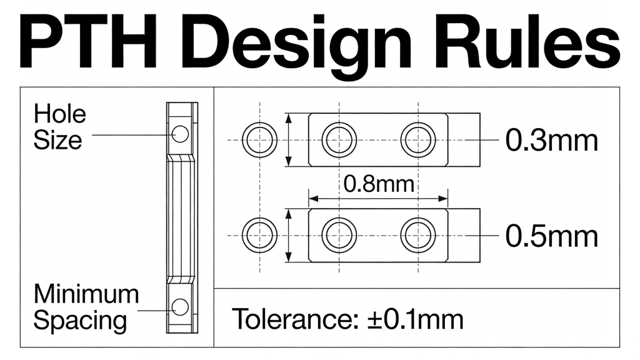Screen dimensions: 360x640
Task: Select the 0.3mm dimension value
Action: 551,141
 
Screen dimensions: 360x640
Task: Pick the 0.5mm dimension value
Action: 551,236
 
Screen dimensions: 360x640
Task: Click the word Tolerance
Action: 291,319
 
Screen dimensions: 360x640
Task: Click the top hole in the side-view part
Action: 181,133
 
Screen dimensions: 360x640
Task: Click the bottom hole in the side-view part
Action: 181,306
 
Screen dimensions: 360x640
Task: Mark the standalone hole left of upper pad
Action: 259,139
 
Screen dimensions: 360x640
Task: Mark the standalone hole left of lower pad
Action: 259,235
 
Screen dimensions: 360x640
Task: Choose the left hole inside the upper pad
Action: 339,139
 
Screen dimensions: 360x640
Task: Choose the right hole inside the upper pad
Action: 418,139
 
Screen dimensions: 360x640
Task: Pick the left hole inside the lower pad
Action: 339,235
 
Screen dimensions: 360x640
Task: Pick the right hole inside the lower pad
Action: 418,235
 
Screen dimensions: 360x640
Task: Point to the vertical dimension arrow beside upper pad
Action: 288,139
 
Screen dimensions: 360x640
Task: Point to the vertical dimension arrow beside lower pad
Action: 288,236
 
